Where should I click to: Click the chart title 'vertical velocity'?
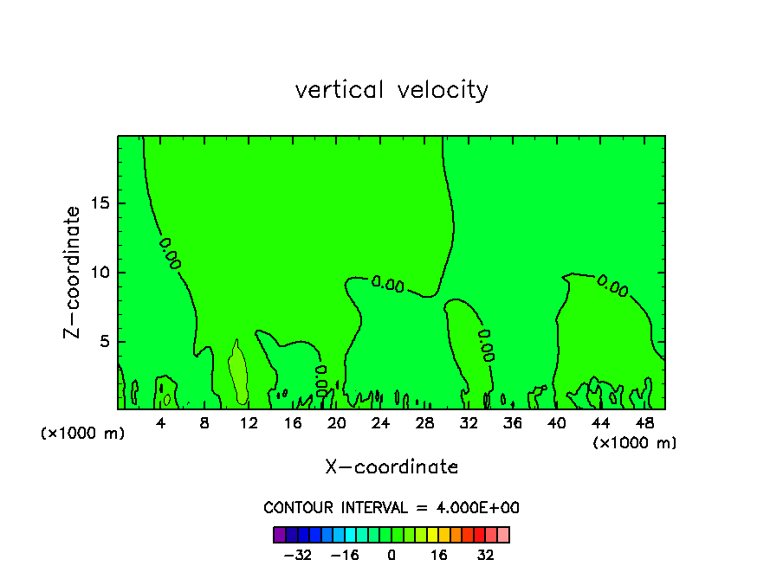(x=391, y=90)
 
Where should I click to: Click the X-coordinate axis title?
(x=391, y=467)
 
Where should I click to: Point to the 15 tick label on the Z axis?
(x=99, y=204)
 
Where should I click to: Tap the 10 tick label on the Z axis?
(x=99, y=273)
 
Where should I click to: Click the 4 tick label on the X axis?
(x=161, y=424)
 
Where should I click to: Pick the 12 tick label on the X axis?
(x=249, y=424)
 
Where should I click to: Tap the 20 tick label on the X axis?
(x=336, y=424)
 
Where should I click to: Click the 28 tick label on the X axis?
(x=424, y=424)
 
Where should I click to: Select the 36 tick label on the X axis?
(x=512, y=424)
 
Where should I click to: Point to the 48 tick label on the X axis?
(x=644, y=424)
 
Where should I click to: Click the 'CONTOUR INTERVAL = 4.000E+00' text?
(x=391, y=508)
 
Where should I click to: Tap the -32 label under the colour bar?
(x=297, y=555)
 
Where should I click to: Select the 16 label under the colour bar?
(x=439, y=555)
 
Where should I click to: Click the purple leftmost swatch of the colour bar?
(x=280, y=535)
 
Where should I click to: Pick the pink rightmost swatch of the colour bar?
(x=503, y=535)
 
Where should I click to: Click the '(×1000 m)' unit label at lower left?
(x=83, y=434)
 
